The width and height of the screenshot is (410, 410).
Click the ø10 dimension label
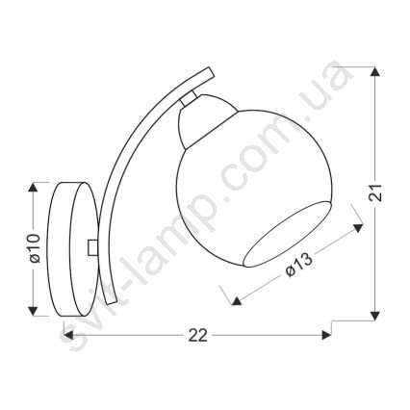click(x=35, y=248)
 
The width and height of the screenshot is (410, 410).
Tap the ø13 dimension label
click(x=298, y=265)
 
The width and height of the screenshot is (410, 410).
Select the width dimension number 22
click(x=198, y=336)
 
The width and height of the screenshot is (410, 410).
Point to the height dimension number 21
click(x=375, y=192)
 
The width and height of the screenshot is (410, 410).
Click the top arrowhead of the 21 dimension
click(x=375, y=71)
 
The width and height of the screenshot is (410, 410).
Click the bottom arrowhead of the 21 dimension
click(x=375, y=316)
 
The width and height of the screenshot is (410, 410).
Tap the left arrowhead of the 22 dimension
click(x=68, y=336)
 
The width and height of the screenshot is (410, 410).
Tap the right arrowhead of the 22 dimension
click(x=326, y=336)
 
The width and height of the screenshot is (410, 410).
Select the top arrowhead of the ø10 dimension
click(x=33, y=187)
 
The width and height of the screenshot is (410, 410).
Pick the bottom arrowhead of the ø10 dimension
click(x=33, y=311)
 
